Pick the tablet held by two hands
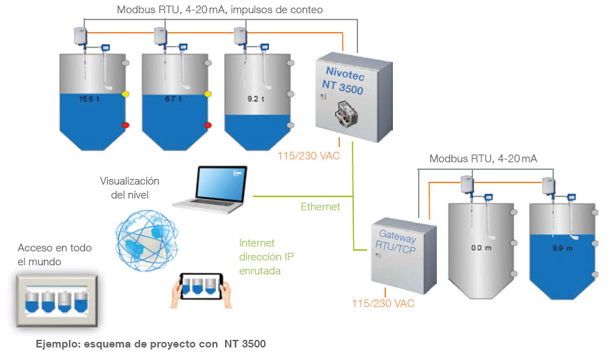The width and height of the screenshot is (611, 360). [x=202, y=286]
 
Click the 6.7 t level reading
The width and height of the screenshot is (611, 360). [x=173, y=99]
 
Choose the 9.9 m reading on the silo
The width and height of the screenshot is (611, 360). [x=562, y=248]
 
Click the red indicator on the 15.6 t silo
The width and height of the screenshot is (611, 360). [x=126, y=125]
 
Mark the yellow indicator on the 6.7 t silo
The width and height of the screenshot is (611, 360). [x=208, y=94]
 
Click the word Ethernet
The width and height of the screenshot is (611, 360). [x=320, y=207]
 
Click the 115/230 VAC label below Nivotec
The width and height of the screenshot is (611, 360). [x=309, y=156]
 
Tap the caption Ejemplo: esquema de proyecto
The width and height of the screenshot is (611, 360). [x=151, y=343]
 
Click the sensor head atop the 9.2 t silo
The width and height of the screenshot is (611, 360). [x=240, y=34]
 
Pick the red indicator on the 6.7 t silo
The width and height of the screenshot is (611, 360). [x=208, y=125]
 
